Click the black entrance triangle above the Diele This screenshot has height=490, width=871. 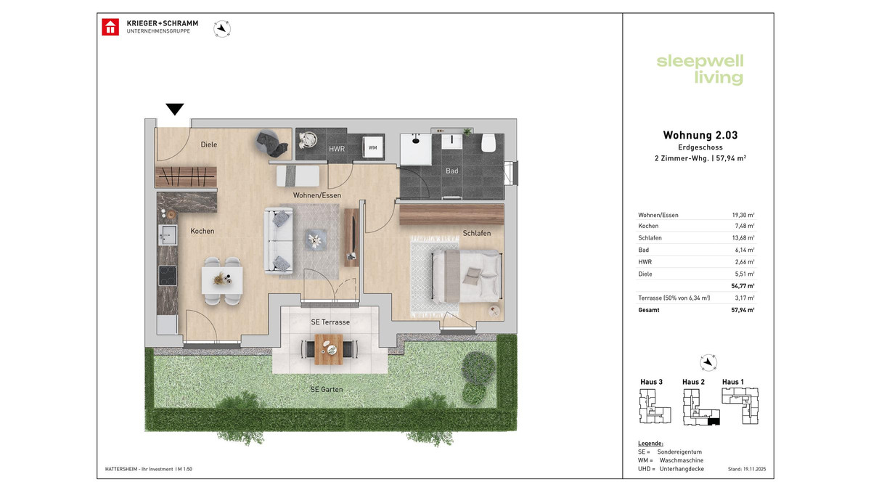(174, 110)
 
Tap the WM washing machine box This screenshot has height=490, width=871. (372, 148)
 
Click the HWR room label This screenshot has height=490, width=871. (337, 149)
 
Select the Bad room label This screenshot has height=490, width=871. (451, 171)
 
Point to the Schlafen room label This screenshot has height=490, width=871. (477, 233)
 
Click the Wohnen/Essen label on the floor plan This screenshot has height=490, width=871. (316, 195)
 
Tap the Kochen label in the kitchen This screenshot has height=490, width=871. (203, 231)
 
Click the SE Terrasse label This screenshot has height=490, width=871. (330, 322)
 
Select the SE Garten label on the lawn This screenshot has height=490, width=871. (327, 389)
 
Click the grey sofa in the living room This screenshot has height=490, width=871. (279, 240)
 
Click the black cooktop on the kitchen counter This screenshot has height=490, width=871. (167, 276)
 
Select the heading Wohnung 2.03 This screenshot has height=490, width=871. (700, 135)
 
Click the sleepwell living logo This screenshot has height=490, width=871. (700, 69)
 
